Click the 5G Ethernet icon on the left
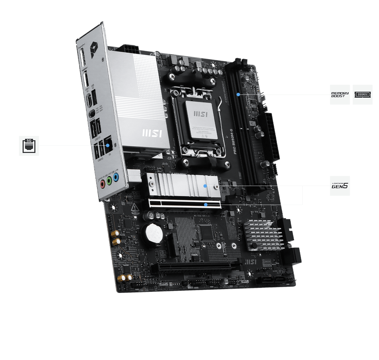(29, 146)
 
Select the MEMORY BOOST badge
(340, 94)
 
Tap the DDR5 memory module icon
(362, 94)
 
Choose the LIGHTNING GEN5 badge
(340, 186)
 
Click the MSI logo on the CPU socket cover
(200, 113)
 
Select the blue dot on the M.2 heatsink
(205, 186)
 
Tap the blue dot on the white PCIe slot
(205, 205)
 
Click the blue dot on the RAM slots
(238, 94)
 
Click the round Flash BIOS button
(92, 113)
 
